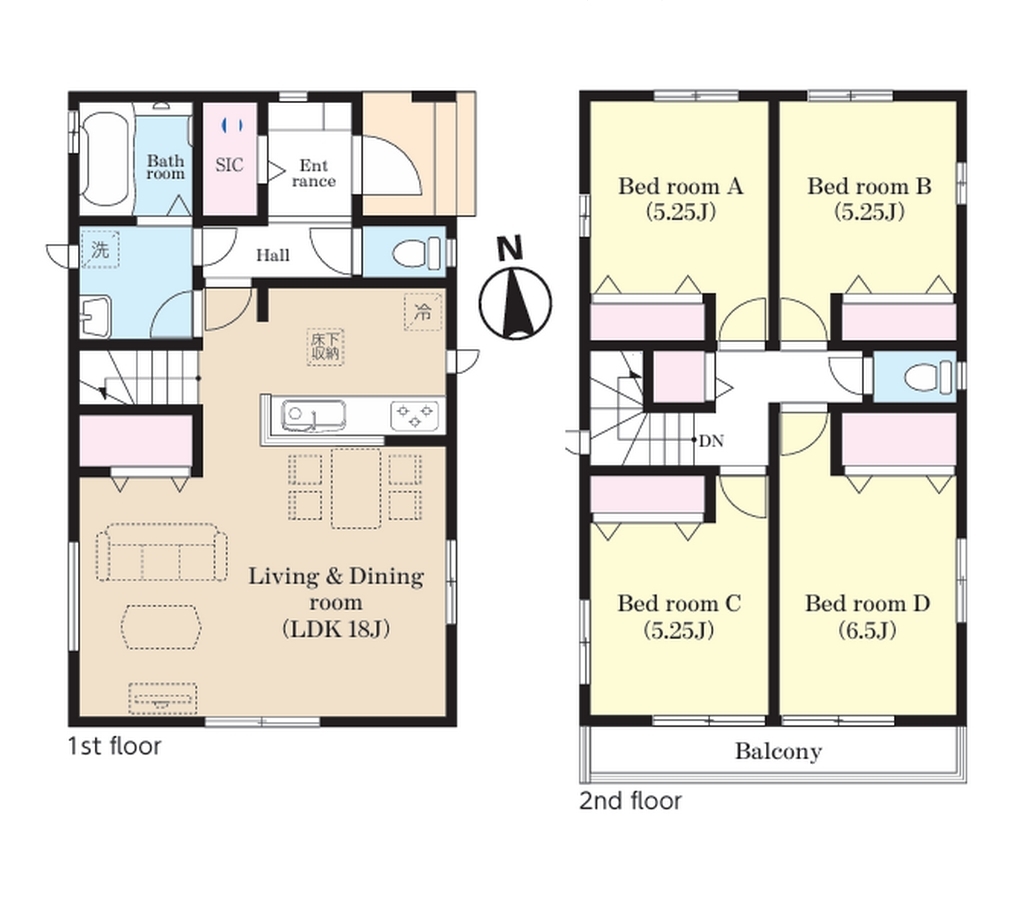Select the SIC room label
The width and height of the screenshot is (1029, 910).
229,165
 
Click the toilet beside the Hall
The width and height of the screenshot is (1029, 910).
415,252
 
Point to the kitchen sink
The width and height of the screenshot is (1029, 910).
313,415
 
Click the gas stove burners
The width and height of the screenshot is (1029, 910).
414,415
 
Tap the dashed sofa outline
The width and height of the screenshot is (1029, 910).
161,552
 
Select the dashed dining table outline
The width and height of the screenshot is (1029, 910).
356,487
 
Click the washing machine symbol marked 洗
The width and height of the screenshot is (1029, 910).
100,249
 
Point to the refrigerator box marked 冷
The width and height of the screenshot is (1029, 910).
423,312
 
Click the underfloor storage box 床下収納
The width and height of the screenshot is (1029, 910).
326,346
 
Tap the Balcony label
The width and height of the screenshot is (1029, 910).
778,751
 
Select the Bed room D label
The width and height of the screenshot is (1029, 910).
867,603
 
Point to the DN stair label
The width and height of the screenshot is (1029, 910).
711,441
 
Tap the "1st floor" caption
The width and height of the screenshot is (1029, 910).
115,746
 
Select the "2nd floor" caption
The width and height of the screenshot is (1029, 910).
630,801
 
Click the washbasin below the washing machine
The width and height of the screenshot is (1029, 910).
96,316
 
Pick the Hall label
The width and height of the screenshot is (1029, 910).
272,255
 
